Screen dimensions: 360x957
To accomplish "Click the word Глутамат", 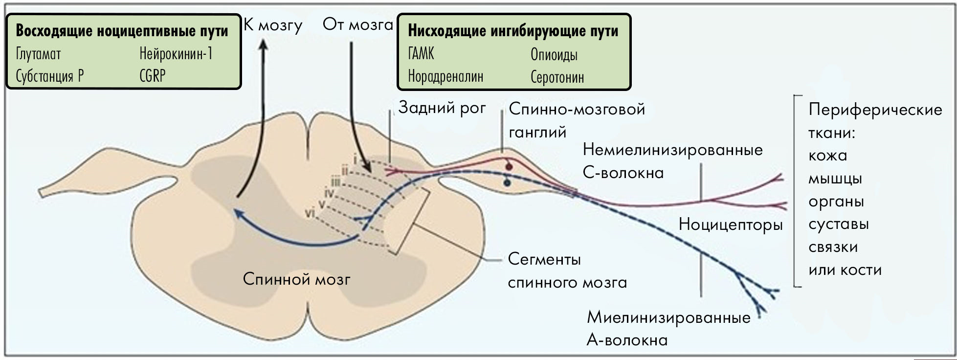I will [38, 54].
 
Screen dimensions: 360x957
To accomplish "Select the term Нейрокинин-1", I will [176, 53].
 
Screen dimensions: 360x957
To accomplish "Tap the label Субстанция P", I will [49, 76].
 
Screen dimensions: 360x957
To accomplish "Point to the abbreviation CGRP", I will [153, 76].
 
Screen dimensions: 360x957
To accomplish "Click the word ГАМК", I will [421, 53].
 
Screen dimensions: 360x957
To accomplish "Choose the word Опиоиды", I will [554, 54].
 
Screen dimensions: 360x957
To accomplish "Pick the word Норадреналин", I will [445, 76].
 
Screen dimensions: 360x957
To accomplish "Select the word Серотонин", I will [557, 77].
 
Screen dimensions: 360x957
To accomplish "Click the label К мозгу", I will [273, 25].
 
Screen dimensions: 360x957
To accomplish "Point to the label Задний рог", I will [442, 108].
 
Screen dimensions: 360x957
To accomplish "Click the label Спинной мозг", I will [297, 279].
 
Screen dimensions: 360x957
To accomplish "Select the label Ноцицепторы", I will [731, 225].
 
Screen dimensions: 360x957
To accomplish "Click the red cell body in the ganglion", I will [509, 167].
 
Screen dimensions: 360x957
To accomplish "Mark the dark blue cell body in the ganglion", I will [507, 183].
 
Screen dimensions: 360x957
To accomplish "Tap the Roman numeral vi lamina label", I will [309, 213].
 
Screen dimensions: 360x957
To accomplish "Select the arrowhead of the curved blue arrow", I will [237, 212].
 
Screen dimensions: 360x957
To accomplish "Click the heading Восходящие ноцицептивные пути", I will [122, 31].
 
